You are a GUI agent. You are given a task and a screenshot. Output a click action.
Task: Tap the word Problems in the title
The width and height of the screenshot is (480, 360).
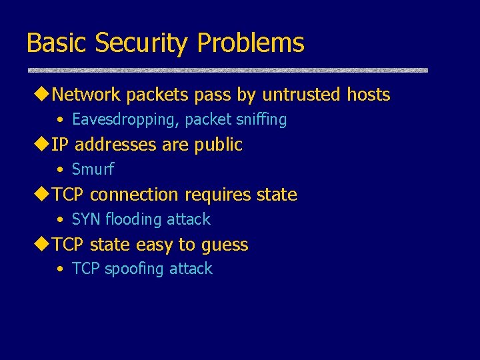click(x=251, y=43)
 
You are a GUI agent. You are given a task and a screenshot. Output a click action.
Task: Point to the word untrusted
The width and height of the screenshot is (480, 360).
click(x=303, y=95)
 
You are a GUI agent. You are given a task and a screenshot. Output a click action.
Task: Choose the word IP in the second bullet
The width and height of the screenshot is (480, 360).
click(x=60, y=145)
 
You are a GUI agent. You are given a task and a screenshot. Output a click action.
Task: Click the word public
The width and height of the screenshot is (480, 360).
click(x=218, y=145)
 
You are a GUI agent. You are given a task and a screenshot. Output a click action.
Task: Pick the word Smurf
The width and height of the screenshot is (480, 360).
click(x=93, y=169)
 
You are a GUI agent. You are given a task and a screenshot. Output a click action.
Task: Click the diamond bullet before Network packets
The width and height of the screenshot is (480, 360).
click(x=43, y=95)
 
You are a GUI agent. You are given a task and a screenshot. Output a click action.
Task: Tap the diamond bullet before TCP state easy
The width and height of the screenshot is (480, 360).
click(x=43, y=245)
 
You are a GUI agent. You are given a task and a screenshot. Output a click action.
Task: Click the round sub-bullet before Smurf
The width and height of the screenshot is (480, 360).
click(x=60, y=170)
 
